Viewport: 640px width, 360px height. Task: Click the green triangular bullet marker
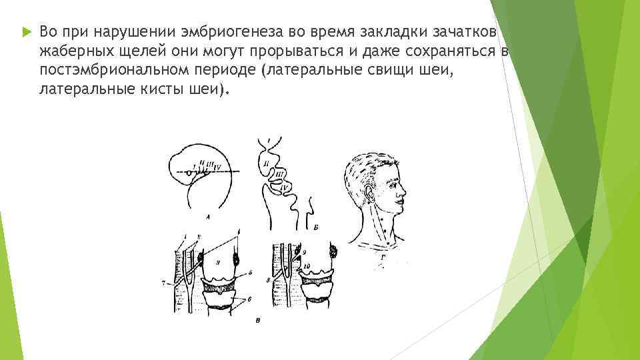click(25, 31)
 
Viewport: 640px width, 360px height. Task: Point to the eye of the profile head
click(393, 177)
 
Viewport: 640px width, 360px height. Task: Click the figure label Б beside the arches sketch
click(315, 227)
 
